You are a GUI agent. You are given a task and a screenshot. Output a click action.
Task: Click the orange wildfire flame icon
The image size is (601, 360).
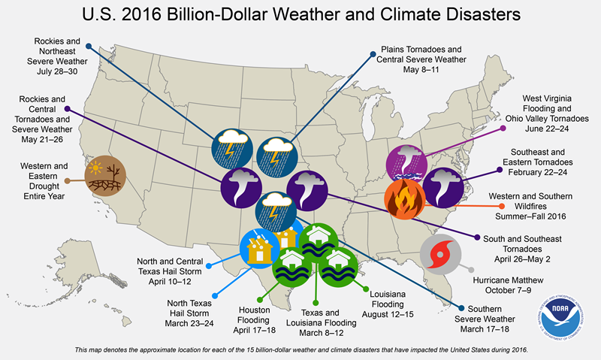coord(404,197)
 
